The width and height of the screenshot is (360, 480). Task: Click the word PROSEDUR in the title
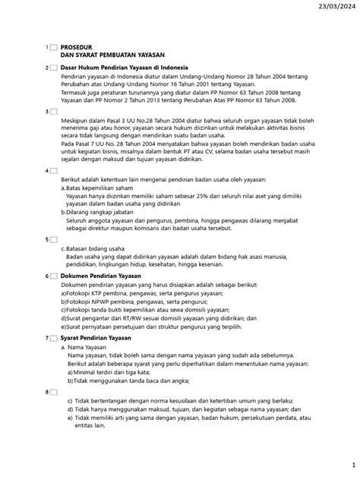79,47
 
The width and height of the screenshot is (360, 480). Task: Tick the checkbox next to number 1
52,47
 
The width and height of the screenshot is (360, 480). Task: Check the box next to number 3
52,112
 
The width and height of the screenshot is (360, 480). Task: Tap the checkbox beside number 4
52,171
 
